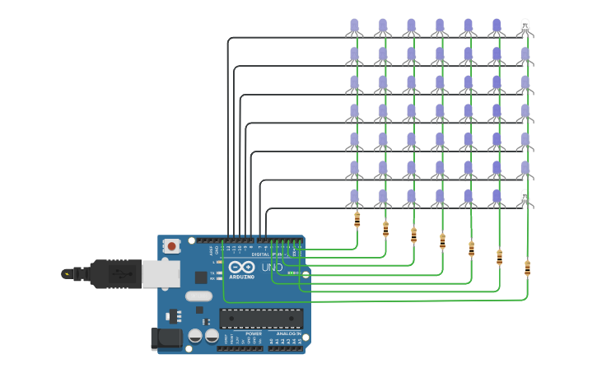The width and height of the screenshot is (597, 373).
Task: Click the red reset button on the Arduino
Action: point(171,246)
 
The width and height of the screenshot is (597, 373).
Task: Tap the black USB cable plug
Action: point(107,273)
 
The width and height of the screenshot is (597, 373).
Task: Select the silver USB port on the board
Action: point(161,274)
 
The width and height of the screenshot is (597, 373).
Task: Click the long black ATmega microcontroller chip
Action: point(261,319)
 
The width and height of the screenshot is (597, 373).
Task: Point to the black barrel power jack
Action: point(166,338)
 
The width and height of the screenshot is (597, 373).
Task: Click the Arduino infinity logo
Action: point(242,268)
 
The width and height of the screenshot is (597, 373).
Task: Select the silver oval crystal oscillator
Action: point(198,296)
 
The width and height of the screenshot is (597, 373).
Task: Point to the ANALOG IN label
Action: point(287,333)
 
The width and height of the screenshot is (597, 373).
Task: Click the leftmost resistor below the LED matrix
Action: point(357,219)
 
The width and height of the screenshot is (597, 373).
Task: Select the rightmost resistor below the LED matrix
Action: point(527,268)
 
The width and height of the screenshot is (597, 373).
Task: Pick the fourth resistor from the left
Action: point(442,240)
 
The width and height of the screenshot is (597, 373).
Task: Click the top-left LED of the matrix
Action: point(354,27)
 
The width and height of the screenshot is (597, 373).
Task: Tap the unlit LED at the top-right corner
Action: point(525,27)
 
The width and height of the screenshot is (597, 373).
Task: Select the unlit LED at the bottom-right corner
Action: point(525,198)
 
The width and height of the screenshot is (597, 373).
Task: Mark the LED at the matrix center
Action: point(440,112)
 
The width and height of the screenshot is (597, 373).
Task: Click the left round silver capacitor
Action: point(195,336)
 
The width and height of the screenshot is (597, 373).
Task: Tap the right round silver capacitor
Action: point(212,336)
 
